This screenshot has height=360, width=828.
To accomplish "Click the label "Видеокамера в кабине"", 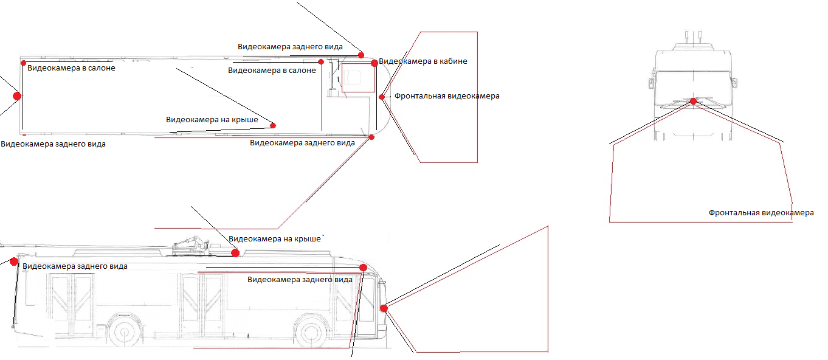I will (423, 61).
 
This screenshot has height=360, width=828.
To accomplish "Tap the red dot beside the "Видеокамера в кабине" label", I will (374, 63).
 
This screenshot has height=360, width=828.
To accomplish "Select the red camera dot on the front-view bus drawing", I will (692, 101).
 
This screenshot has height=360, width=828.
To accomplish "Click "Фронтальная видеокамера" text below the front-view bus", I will (761, 213).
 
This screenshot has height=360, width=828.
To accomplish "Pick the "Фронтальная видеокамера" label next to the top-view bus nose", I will (447, 96).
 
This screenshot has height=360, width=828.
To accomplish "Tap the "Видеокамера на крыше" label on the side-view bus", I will (275, 239).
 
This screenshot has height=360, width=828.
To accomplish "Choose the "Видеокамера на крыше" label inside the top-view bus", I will (212, 120).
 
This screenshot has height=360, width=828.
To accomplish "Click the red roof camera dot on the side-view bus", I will (235, 252).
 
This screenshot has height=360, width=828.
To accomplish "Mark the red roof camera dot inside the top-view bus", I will (273, 125).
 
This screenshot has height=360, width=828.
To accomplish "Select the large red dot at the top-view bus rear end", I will (17, 95).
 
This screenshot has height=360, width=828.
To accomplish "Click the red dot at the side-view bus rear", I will (14, 261).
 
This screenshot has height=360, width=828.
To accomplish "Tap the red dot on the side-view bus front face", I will (384, 308).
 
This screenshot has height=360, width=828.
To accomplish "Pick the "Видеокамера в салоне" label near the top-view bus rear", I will (71, 68).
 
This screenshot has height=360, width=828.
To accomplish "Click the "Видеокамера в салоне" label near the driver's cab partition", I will (272, 71).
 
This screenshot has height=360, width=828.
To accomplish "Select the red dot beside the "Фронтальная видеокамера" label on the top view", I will (382, 97).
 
